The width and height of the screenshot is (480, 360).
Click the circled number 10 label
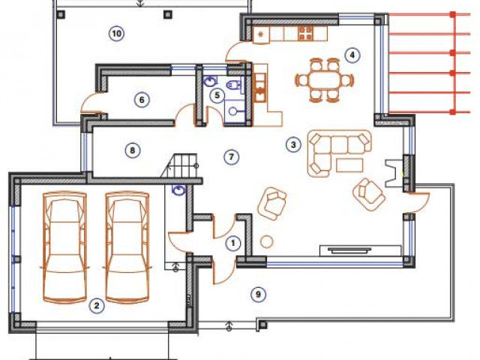click(117, 33)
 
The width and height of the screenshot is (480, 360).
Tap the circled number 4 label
click(352, 55)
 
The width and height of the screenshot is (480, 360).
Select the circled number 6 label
click(142, 100)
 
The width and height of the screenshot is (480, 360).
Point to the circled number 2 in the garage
click(97, 305)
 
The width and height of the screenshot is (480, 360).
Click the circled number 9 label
click(258, 295)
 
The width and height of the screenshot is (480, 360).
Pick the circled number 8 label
click(133, 150)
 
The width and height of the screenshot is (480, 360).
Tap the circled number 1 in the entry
click(233, 243)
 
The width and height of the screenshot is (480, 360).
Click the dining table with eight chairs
click(325, 80)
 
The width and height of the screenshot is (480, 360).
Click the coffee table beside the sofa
click(349, 165)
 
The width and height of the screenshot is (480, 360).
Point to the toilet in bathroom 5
click(235, 85)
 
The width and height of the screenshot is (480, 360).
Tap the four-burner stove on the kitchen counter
click(305, 34)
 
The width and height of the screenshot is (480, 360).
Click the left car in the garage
click(65, 247)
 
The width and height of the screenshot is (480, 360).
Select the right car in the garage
click(127, 247)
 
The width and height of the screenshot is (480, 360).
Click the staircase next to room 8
click(181, 166)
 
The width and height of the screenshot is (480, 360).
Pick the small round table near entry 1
click(267, 241)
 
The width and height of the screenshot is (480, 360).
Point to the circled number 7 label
click(231, 157)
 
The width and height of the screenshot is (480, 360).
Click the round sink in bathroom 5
click(233, 111)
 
